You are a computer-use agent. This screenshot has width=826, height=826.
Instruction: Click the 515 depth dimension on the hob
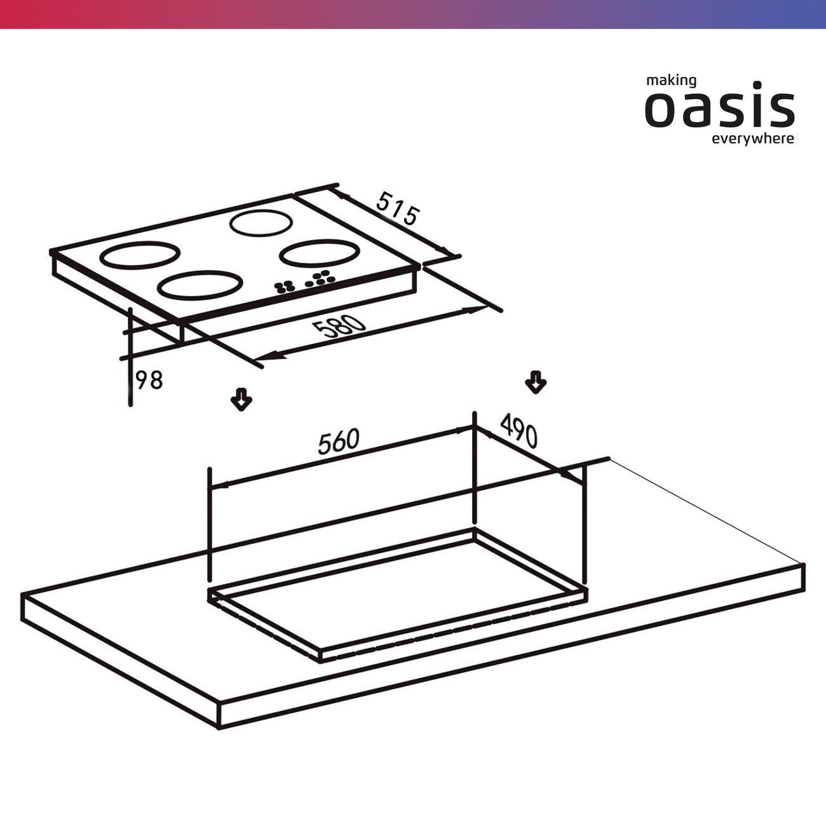[396, 209]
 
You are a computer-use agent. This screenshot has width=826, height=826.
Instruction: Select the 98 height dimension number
[149, 380]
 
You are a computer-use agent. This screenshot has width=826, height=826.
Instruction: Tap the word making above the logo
[671, 81]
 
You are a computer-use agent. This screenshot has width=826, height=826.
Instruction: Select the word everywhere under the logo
[753, 139]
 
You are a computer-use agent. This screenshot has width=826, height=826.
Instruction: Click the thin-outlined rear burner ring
[261, 210]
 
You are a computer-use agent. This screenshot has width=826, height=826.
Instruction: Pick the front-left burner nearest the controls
[200, 272]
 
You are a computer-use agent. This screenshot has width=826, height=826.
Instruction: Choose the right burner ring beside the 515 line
[319, 241]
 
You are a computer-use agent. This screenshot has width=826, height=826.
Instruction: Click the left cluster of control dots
[284, 287]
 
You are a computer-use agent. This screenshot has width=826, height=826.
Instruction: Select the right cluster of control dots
[320, 278]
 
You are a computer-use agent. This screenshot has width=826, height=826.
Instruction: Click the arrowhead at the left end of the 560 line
[219, 485]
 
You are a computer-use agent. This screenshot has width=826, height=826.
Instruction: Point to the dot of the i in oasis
[747, 85]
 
